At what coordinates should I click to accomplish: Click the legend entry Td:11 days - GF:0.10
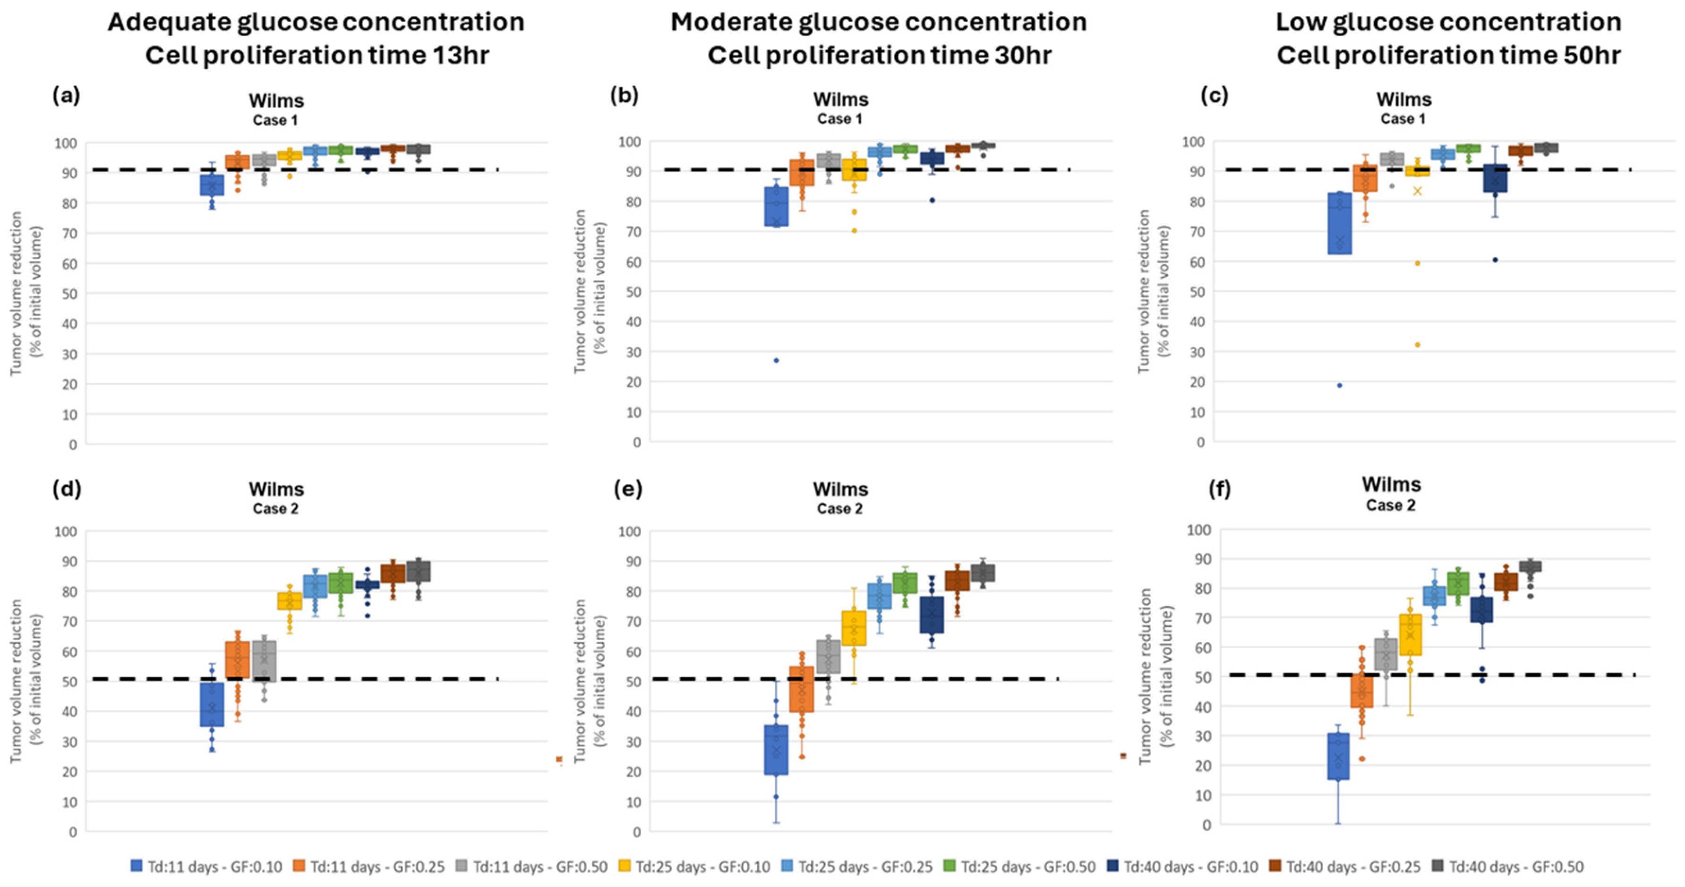(x=207, y=867)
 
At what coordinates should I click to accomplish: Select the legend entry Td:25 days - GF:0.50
(x=1020, y=867)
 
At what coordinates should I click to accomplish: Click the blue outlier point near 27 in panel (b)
(x=777, y=360)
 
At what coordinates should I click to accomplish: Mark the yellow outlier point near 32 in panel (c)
(x=1418, y=345)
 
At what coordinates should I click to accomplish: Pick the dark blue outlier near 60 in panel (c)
(x=1495, y=260)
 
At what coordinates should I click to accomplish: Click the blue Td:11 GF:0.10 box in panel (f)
(x=1338, y=756)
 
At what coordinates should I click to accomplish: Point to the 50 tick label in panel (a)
(x=69, y=294)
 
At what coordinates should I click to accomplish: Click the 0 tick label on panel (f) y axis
(x=1206, y=824)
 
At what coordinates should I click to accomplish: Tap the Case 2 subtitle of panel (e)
(x=839, y=508)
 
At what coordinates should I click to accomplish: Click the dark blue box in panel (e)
(x=932, y=615)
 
